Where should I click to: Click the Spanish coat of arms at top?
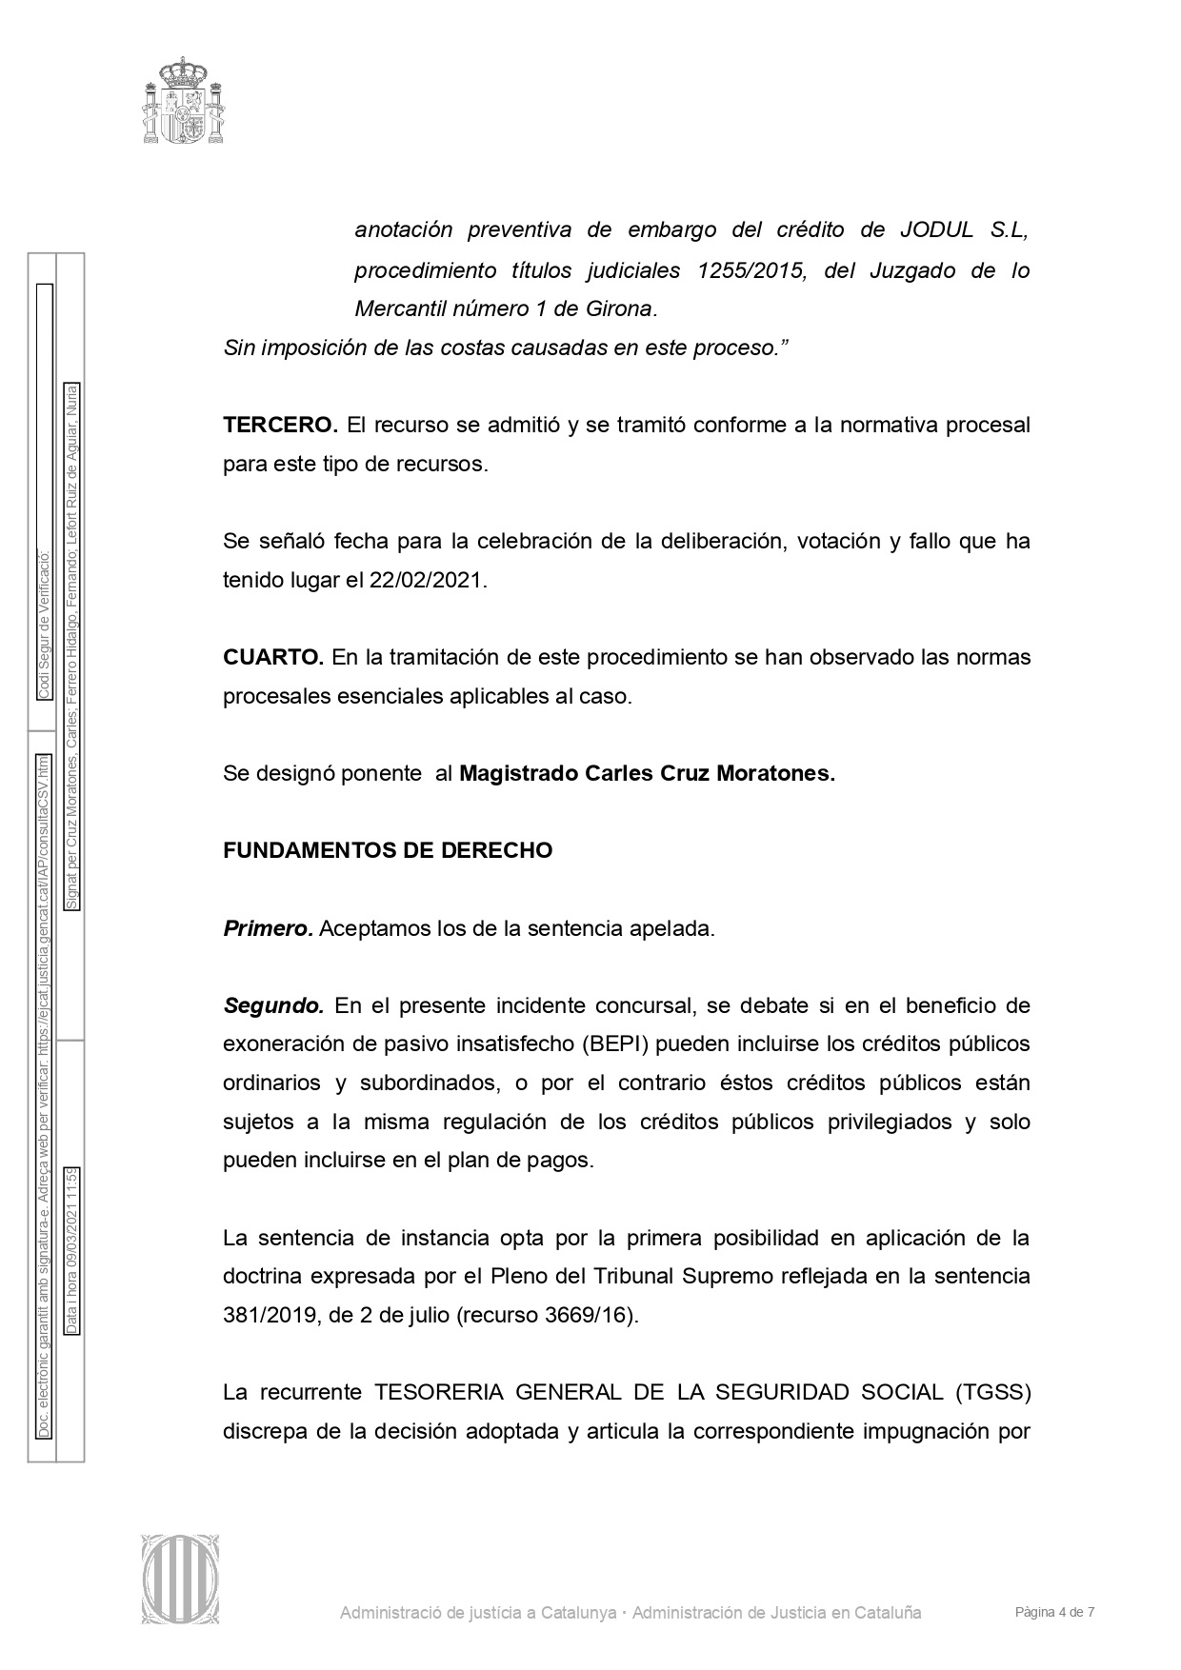pos(184,100)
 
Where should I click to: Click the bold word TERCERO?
pos(280,425)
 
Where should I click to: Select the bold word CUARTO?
pos(273,657)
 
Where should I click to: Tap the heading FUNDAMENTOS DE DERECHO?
pos(388,850)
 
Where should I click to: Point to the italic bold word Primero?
pos(268,928)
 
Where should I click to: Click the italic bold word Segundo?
pos(273,1005)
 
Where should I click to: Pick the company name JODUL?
pos(936,230)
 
